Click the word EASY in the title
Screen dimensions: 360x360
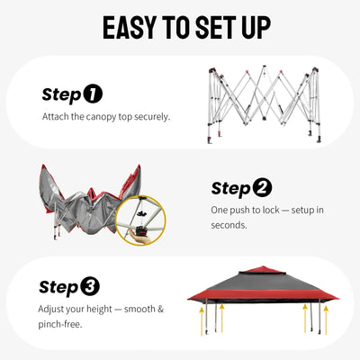[130, 28]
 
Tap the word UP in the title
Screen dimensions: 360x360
[256, 28]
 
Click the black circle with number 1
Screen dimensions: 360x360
[93, 94]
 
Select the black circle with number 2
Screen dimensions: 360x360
[262, 187]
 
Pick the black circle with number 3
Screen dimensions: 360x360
[90, 286]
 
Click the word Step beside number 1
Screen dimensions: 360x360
[62, 94]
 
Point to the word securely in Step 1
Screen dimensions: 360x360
[152, 117]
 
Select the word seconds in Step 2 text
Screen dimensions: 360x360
[229, 225]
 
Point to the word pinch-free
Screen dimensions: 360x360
[60, 324]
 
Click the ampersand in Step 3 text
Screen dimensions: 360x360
[161, 309]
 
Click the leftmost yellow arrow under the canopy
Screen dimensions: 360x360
[202, 321]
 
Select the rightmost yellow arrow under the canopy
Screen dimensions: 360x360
[326, 319]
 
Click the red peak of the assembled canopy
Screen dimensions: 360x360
[262, 269]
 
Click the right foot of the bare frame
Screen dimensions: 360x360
[319, 139]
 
